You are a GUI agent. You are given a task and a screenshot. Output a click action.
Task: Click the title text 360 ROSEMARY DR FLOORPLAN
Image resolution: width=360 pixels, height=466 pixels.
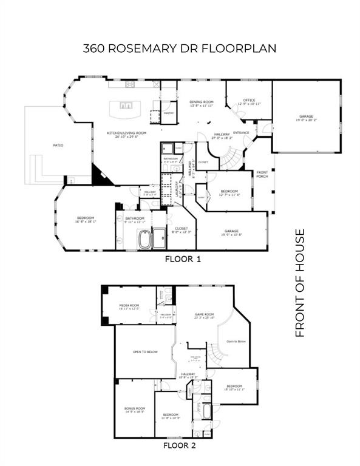pyautogui.click(x=179, y=49)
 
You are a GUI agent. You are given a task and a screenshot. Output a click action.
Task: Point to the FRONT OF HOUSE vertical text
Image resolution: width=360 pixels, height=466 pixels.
pyautogui.click(x=299, y=283)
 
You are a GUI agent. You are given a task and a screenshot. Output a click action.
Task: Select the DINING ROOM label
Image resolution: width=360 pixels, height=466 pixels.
pyautogui.click(x=202, y=101)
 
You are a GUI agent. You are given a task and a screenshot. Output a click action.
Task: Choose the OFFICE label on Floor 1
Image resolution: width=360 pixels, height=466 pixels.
pyautogui.click(x=249, y=100)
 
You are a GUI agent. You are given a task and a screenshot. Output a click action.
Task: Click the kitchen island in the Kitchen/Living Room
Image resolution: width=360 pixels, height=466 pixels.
pyautogui.click(x=127, y=110)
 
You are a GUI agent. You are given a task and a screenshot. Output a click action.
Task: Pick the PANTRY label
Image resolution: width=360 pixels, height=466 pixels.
pyautogui.click(x=169, y=113)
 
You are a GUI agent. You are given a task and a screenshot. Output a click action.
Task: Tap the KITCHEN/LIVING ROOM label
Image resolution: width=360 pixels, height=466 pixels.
pyautogui.click(x=127, y=134)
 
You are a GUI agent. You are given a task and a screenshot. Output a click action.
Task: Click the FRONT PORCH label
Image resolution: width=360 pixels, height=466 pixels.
pyautogui.click(x=262, y=175)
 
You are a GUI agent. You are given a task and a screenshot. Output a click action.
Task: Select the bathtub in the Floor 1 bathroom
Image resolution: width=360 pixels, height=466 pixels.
pyautogui.click(x=145, y=239)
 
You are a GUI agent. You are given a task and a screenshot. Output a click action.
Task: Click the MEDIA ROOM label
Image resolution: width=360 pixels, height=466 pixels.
pyautogui.click(x=129, y=306)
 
